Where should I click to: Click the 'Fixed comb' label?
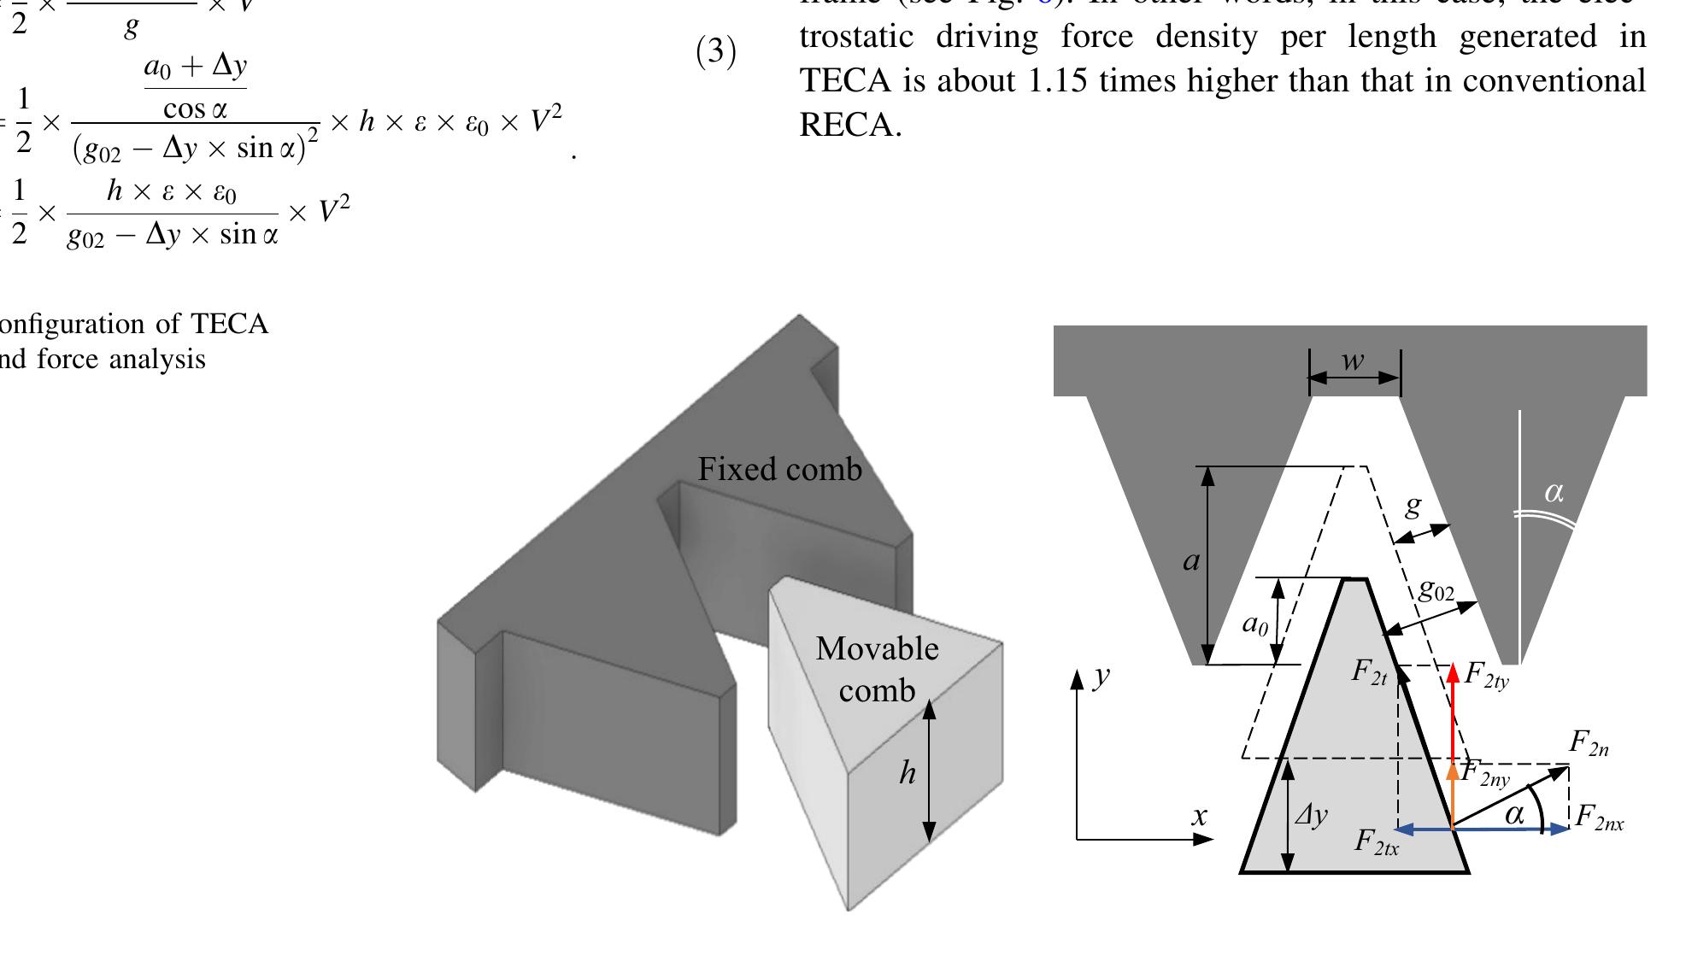[x=779, y=469]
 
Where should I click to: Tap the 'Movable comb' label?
[x=877, y=669]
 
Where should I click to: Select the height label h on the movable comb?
[x=907, y=773]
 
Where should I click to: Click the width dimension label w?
[x=1352, y=361]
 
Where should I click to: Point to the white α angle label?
[x=1554, y=492]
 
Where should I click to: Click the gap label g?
[x=1413, y=506]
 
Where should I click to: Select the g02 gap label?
[x=1436, y=589]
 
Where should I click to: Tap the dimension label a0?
[x=1254, y=624]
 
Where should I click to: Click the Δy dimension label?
[x=1311, y=815]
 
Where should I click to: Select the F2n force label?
[x=1589, y=743]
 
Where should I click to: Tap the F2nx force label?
[x=1599, y=818]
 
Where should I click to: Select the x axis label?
[x=1200, y=817]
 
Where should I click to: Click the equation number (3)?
[x=716, y=52]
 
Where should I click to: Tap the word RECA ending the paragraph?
[x=849, y=126]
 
